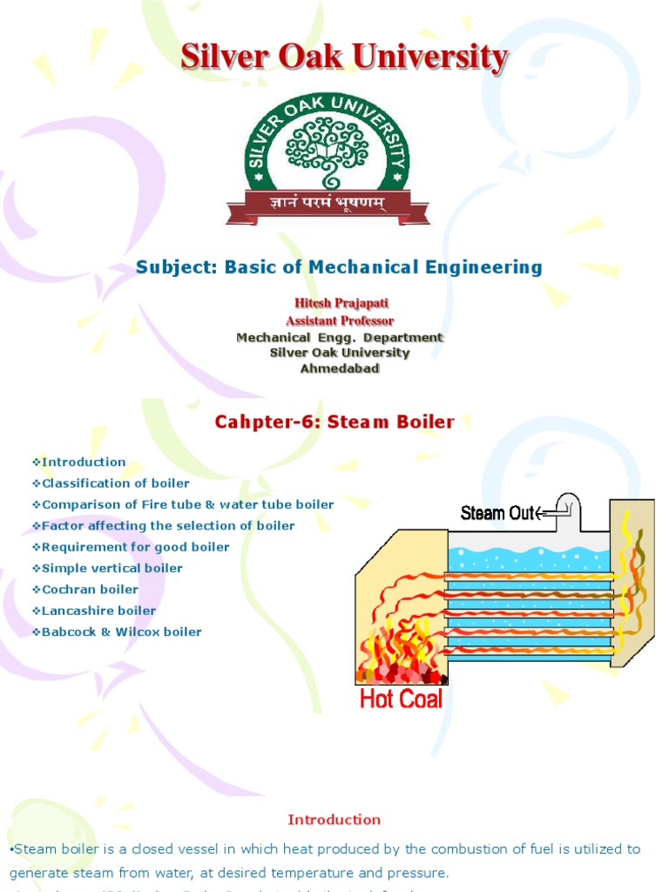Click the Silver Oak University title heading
pos(344,58)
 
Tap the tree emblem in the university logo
pos(328,150)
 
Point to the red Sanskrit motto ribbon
pos(328,206)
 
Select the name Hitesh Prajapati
pos(339,303)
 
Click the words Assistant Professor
pos(339,321)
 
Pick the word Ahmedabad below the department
pos(339,368)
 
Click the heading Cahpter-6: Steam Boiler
pos(334,422)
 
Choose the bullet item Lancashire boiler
pos(98,611)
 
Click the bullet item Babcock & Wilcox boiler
pos(121,632)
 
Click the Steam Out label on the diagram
pos(497,513)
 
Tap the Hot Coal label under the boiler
pos(401,699)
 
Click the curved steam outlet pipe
pos(567,506)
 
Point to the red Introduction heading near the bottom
pos(334,820)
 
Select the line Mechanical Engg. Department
pos(339,337)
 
